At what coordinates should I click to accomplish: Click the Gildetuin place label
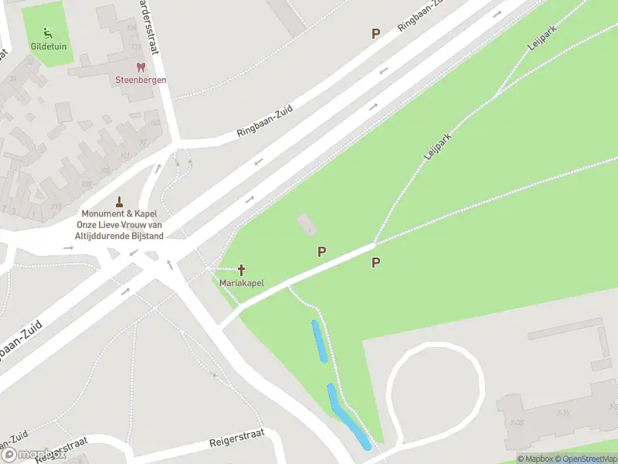(49, 46)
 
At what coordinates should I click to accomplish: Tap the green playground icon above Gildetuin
(49, 32)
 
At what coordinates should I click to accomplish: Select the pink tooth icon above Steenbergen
(141, 68)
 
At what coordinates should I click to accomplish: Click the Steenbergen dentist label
(141, 80)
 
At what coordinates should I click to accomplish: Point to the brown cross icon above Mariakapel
(241, 270)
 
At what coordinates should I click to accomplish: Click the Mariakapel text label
(241, 283)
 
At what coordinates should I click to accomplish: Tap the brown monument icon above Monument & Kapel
(119, 200)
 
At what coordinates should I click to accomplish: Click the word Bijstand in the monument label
(146, 236)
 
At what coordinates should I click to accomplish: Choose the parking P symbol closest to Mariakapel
(321, 251)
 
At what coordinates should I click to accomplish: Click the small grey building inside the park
(307, 225)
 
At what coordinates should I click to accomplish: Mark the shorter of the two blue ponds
(319, 341)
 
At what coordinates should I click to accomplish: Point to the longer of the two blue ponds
(348, 417)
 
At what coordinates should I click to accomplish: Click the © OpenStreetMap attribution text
(585, 459)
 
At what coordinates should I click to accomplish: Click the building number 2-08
(517, 421)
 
